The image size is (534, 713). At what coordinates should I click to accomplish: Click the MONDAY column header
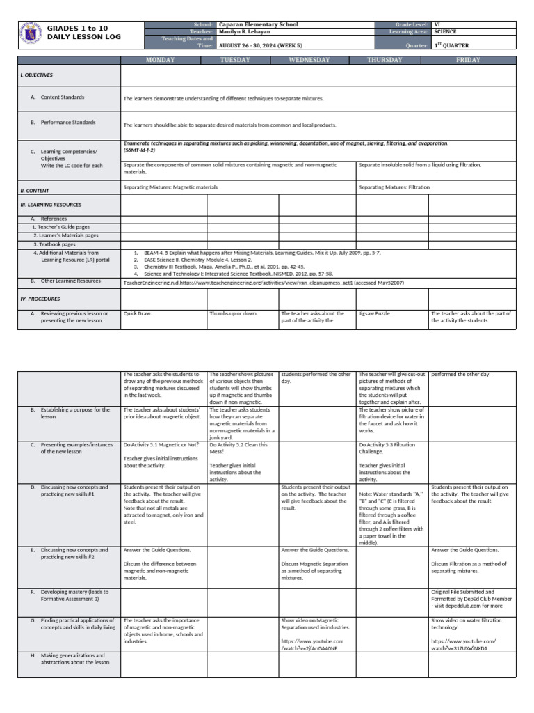pyautogui.click(x=159, y=60)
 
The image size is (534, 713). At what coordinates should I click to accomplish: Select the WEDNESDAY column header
pyautogui.click(x=309, y=60)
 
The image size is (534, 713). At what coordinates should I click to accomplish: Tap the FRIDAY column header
pyautogui.click(x=467, y=60)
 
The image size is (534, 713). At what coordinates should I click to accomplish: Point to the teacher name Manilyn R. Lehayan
pyautogui.click(x=245, y=32)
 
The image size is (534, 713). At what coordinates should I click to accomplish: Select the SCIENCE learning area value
pyautogui.click(x=445, y=32)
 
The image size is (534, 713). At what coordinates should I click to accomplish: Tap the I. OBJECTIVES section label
pyautogui.click(x=36, y=75)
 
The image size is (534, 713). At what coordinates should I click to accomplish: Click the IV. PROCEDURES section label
pyautogui.click(x=40, y=298)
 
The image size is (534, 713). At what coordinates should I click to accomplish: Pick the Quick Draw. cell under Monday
pyautogui.click(x=137, y=313)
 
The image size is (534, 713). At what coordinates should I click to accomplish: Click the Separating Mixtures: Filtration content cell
pyautogui.click(x=394, y=187)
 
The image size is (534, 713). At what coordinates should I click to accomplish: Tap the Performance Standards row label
pyautogui.click(x=68, y=123)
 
